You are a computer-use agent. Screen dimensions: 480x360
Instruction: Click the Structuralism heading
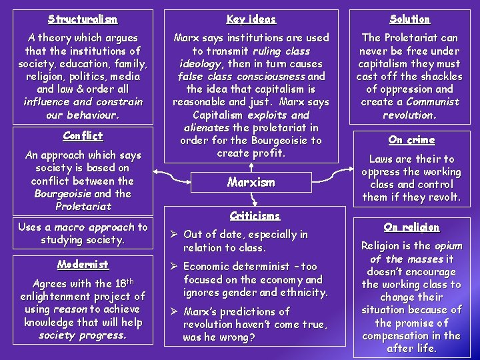[x=83, y=19]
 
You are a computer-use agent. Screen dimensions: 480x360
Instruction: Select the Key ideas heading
[x=251, y=19]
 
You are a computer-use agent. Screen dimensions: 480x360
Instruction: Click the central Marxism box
[x=251, y=182]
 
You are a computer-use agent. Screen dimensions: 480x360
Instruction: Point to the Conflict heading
[x=83, y=135]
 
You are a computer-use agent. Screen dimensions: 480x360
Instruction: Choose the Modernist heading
[x=83, y=264]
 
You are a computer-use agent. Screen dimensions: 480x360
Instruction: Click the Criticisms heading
[x=255, y=215]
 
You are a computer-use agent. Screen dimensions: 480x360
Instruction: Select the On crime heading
[x=411, y=140]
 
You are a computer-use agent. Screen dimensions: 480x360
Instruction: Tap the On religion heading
[x=411, y=227]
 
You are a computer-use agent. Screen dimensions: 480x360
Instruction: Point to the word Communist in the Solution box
[x=434, y=102]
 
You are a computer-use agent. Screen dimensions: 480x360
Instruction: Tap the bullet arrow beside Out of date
[x=175, y=235]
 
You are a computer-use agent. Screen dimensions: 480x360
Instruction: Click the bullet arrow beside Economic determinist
[x=175, y=267]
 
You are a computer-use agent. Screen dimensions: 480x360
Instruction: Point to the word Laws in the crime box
[x=383, y=159]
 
